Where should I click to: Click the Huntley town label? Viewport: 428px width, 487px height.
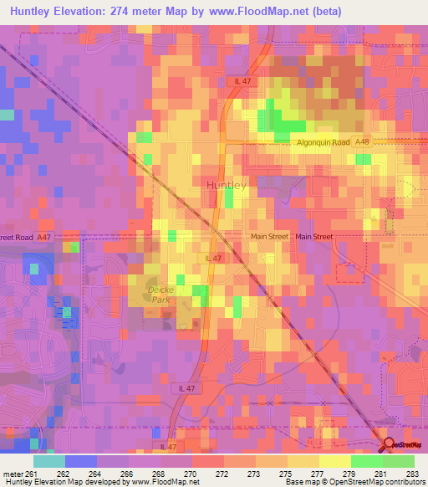(225, 186)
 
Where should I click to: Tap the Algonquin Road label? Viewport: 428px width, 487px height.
(323, 143)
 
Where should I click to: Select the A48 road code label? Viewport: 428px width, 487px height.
(361, 143)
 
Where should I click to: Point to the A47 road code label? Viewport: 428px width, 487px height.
(45, 238)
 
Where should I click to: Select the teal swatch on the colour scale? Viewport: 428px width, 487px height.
(48, 461)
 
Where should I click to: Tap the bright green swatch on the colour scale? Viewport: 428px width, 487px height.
(367, 461)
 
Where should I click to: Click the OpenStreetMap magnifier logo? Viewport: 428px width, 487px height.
(387, 444)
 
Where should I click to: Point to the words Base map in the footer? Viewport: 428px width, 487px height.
(294, 482)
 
